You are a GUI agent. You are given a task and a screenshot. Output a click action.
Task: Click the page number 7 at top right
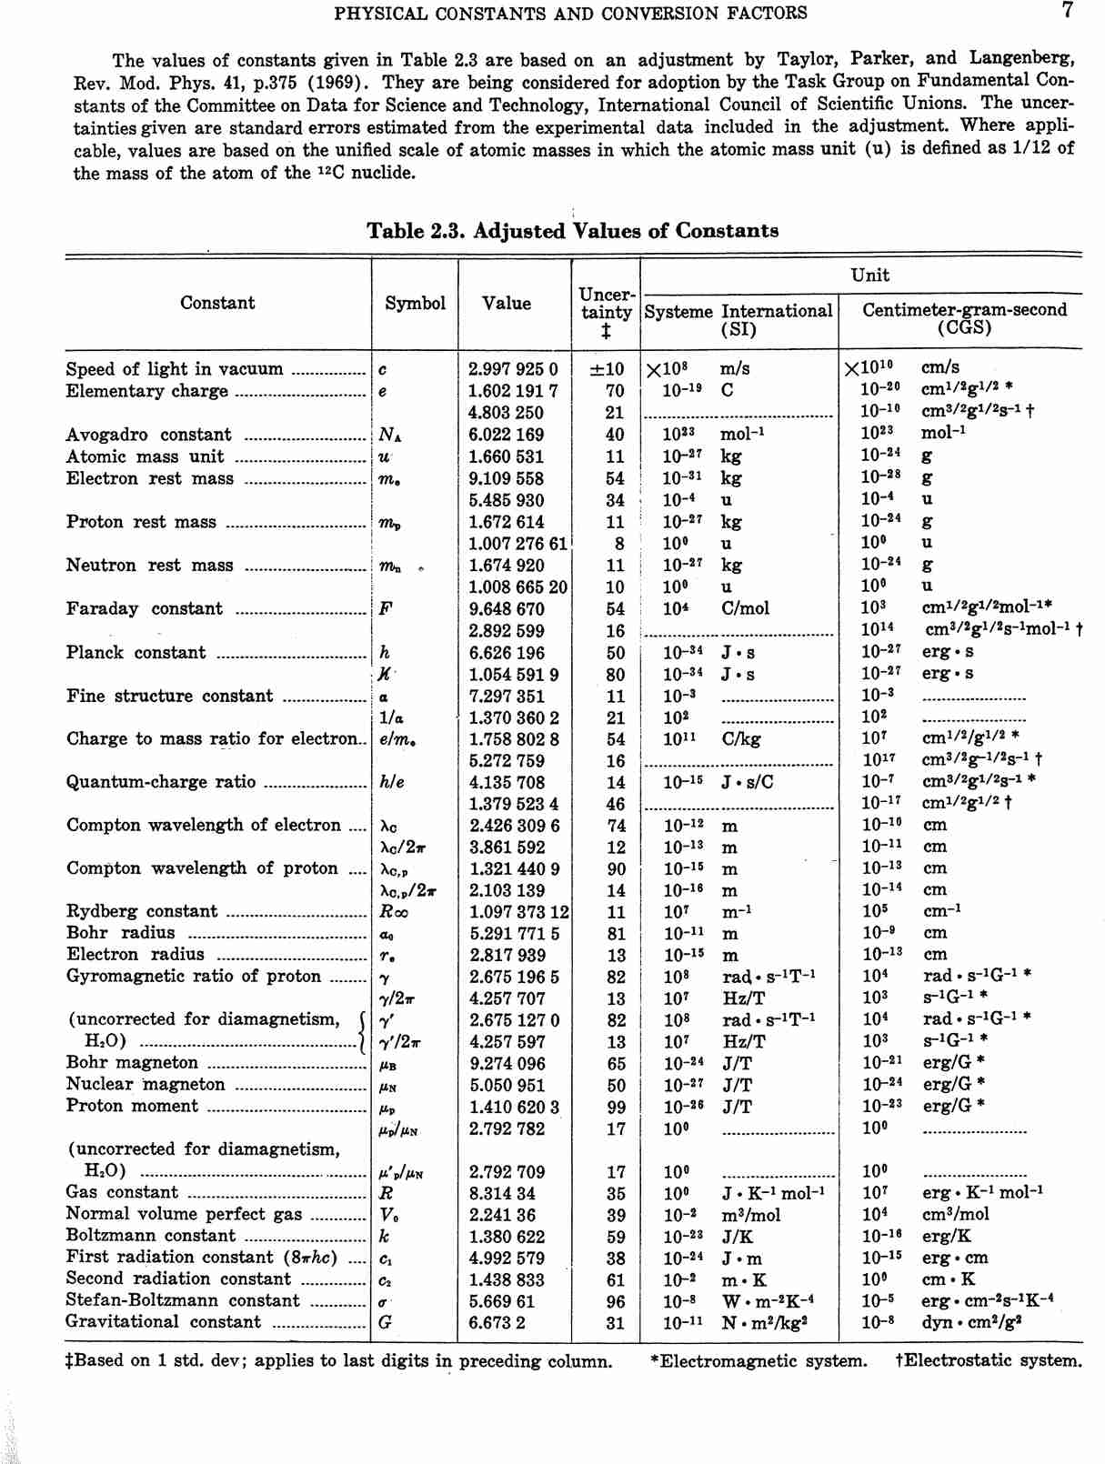[1067, 11]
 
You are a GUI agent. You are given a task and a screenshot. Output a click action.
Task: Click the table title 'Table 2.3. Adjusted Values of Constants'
[572, 231]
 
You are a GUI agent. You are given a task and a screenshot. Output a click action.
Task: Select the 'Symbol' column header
[415, 304]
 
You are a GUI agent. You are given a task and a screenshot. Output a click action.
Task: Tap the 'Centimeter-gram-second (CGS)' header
[964, 318]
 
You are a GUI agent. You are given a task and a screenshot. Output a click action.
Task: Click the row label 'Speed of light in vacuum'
[174, 369]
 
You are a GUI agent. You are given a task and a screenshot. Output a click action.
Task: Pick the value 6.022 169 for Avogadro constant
[506, 435]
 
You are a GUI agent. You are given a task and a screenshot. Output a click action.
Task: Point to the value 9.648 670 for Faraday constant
[506, 609]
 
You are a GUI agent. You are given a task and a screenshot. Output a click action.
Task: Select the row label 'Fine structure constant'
[169, 697]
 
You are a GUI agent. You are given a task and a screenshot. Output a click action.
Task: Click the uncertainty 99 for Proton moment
[616, 1108]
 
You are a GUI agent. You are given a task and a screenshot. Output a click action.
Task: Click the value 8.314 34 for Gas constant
[502, 1193]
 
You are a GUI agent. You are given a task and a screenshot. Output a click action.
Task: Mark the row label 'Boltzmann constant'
[150, 1236]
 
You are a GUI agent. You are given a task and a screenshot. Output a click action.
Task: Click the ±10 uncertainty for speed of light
[607, 369]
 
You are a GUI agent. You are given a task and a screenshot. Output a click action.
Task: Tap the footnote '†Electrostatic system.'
[989, 1361]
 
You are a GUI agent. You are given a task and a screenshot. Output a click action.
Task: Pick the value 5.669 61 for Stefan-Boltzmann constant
[502, 1301]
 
